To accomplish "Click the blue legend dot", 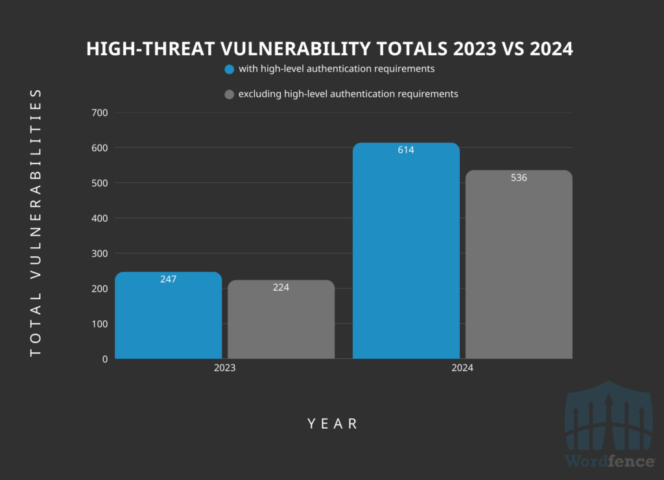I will [229, 69].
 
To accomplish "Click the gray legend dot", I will [229, 95].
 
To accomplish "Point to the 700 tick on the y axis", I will [99, 113].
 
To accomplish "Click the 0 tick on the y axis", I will [104, 359].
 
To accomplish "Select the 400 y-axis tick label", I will [99, 218].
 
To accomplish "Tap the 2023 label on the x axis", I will [224, 368].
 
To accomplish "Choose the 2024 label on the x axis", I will [462, 368].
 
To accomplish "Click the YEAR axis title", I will [332, 424].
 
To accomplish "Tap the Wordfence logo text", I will [609, 461].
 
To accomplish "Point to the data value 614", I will [406, 150].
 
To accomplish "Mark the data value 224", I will [281, 287].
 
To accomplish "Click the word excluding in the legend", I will [259, 94].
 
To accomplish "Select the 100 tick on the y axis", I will [99, 324].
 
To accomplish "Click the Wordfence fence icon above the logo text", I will [608, 422].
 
